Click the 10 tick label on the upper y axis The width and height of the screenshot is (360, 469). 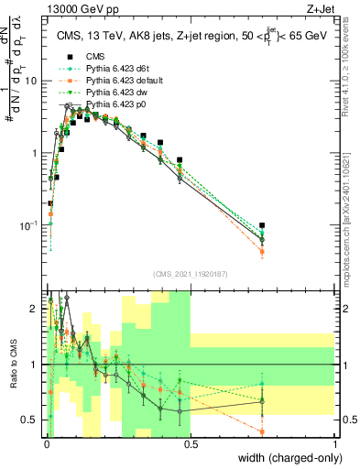click(x=31, y=81)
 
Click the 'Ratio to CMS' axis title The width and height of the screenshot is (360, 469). click(x=12, y=365)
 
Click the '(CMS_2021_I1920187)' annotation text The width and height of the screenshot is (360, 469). click(x=190, y=273)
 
